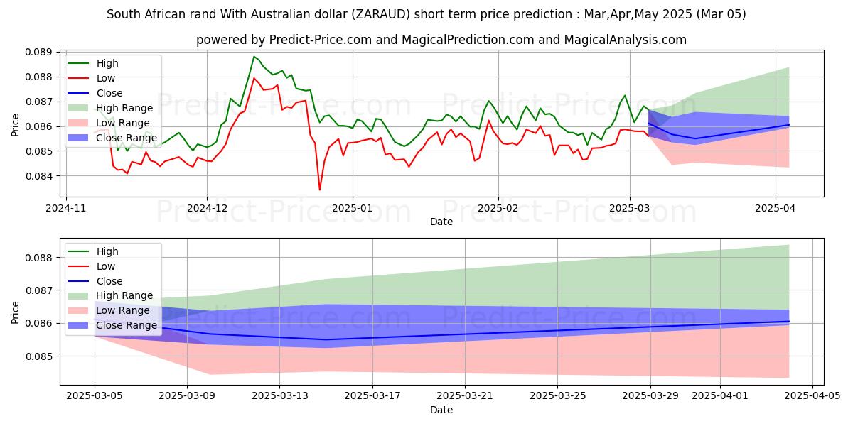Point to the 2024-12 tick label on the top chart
[207, 209]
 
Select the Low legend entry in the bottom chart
[106, 266]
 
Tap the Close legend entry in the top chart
[108, 93]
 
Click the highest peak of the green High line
[254, 57]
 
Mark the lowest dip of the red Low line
[319, 190]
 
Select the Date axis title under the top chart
[441, 222]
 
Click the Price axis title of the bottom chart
[15, 312]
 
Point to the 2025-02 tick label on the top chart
[498, 209]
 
